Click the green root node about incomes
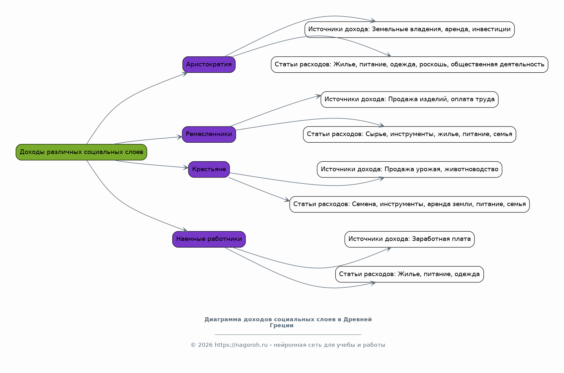[81, 152]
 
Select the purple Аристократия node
[209, 65]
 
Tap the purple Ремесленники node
[209, 134]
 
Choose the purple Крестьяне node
[209, 170]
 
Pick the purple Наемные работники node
[209, 239]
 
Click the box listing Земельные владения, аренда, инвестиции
[409, 30]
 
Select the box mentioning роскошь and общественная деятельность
[409, 65]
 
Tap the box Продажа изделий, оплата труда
[409, 100]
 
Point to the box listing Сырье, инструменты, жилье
[409, 134]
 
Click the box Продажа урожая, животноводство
[409, 170]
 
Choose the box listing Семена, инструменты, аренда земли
[409, 204]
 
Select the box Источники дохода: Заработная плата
[409, 239]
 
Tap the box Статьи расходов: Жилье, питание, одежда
[409, 274]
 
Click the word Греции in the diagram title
[281, 326]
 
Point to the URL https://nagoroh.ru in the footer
[241, 345]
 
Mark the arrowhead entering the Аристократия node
[185, 74]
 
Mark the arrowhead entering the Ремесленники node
[179, 137]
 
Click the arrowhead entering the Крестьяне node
[186, 168]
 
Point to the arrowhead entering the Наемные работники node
[185, 230]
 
